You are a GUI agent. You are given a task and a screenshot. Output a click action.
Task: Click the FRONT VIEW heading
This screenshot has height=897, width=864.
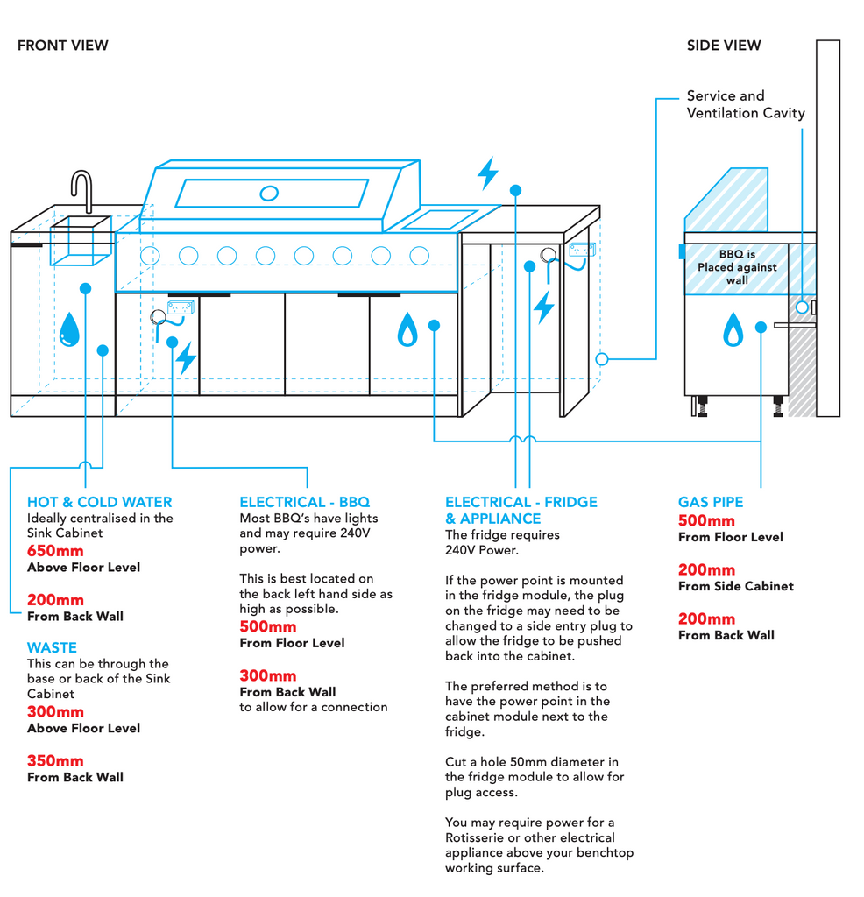63,46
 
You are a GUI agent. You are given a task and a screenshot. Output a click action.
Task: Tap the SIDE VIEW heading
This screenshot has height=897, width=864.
724,46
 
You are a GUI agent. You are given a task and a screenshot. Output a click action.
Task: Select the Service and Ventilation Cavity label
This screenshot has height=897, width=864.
745,104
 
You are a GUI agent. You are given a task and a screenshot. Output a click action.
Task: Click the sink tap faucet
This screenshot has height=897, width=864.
81,190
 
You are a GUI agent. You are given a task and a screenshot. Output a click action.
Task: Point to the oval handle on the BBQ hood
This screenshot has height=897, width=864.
270,192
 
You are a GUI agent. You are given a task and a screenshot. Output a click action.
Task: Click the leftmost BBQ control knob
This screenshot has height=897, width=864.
150,256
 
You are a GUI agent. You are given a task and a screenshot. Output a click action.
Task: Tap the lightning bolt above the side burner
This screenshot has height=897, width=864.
487,173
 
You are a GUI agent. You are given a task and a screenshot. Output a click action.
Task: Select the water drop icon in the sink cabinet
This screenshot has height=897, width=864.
69,331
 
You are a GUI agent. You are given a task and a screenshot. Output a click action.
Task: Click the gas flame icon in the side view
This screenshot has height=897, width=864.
733,330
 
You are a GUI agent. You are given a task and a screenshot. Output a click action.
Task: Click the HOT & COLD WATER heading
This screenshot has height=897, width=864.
99,502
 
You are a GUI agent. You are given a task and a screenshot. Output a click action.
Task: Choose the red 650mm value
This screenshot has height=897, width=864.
55,551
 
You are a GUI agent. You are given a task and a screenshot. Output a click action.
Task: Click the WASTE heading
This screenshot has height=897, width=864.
52,647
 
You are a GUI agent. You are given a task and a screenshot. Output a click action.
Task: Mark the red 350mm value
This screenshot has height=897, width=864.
55,760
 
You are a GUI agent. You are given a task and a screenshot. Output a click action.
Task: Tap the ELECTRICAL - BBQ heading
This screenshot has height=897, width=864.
304,502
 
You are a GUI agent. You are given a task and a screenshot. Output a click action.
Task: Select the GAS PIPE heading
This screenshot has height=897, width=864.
710,502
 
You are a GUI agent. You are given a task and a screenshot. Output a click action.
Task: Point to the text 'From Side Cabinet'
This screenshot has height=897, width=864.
735,586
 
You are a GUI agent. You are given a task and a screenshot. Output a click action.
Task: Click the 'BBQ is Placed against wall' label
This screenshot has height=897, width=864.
737,267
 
